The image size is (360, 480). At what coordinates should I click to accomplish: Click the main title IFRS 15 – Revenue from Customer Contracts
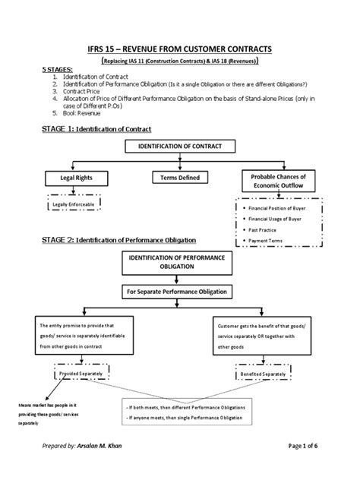coord(179,49)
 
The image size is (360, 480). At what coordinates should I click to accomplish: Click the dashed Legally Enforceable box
coord(73,204)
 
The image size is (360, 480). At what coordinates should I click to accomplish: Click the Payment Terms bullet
coord(267,242)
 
